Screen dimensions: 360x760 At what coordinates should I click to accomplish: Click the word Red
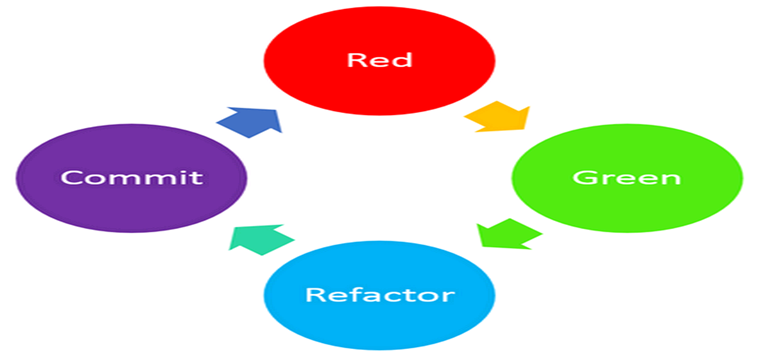pos(379,59)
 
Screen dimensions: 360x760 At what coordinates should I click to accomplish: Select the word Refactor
pos(379,295)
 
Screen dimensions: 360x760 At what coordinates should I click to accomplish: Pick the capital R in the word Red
pos(356,59)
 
